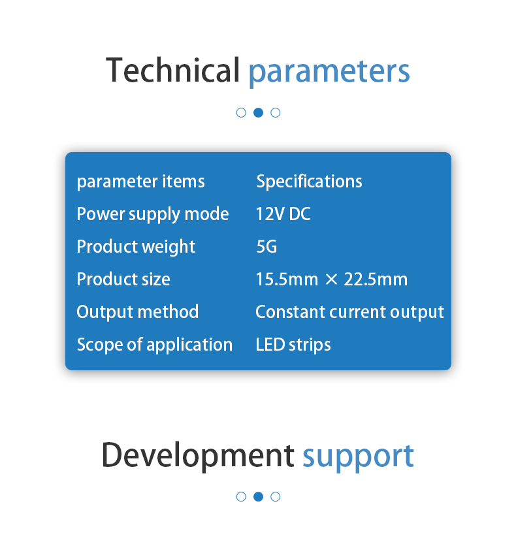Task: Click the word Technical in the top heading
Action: pyautogui.click(x=172, y=70)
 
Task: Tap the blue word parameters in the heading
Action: pyautogui.click(x=329, y=72)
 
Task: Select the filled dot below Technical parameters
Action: pyautogui.click(x=259, y=113)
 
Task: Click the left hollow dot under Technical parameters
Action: pyautogui.click(x=241, y=113)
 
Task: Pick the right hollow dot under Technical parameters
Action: pyautogui.click(x=275, y=113)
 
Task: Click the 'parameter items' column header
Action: pyautogui.click(x=141, y=182)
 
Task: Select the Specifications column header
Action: pyautogui.click(x=309, y=182)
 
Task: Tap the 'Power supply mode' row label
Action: pyautogui.click(x=153, y=214)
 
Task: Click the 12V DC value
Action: pyautogui.click(x=283, y=214)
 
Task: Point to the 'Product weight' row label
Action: pyautogui.click(x=136, y=247)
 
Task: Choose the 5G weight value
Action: pyautogui.click(x=266, y=247)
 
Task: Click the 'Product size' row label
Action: pyautogui.click(x=123, y=279)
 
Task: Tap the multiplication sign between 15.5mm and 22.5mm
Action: pyautogui.click(x=331, y=279)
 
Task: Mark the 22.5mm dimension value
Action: pyautogui.click(x=376, y=279)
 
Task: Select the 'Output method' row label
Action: pyautogui.click(x=138, y=311)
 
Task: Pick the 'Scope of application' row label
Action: pyautogui.click(x=155, y=345)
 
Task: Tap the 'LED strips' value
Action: pyautogui.click(x=293, y=345)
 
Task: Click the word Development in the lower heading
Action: pyautogui.click(x=198, y=456)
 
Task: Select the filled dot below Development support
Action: pyautogui.click(x=259, y=497)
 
